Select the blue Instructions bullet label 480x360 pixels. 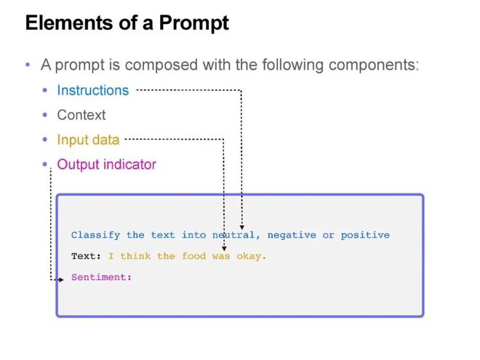click(92, 90)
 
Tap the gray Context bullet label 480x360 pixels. click(81, 115)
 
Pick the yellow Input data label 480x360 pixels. click(88, 140)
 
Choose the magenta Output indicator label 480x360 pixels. click(106, 164)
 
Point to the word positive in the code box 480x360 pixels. click(365, 235)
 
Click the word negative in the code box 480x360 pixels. click(292, 235)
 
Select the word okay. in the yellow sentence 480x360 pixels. click(252, 256)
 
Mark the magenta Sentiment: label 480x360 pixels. click(101, 277)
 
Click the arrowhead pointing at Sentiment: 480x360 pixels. click(61, 279)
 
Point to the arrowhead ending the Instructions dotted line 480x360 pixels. click(241, 226)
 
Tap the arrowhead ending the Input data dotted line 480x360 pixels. click(224, 247)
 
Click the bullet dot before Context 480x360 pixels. click(45, 115)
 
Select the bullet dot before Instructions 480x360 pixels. click(45, 90)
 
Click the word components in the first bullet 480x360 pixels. click(373, 65)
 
